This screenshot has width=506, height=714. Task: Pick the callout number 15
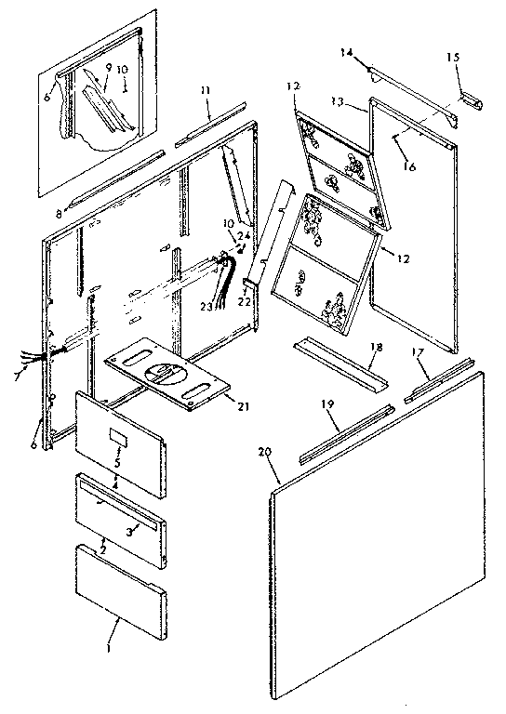coord(453,58)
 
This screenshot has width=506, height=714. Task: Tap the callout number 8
coord(59,213)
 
